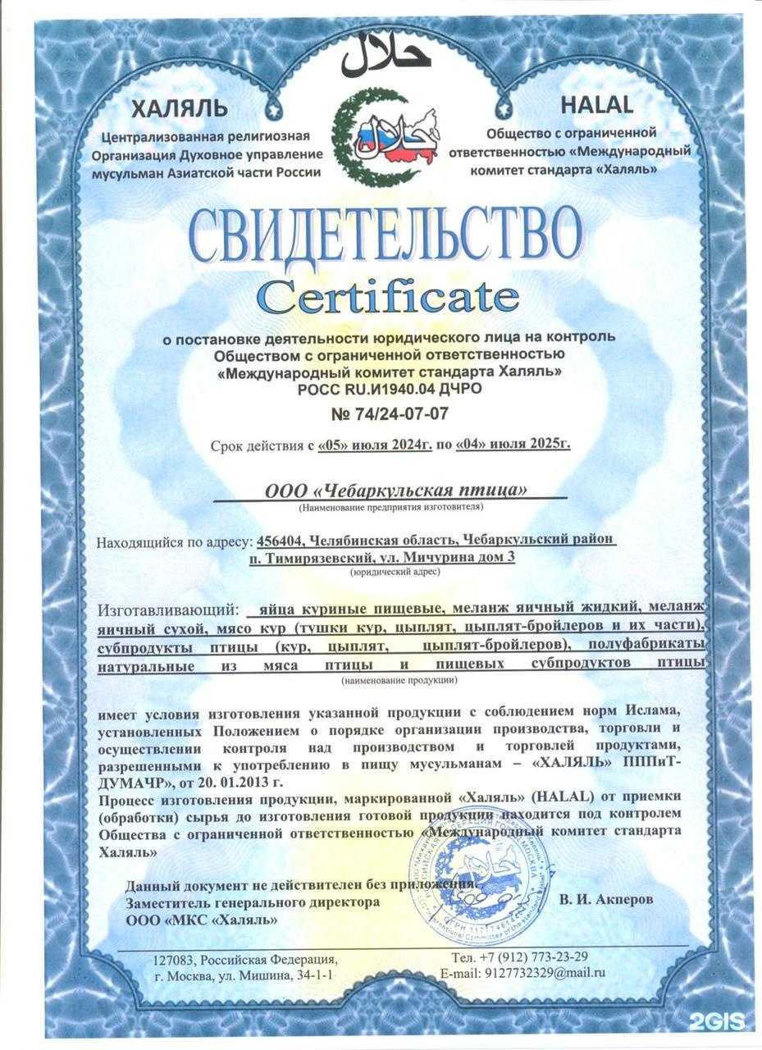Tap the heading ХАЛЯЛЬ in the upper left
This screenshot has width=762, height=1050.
tap(178, 108)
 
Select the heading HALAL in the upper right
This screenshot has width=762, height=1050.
tap(596, 105)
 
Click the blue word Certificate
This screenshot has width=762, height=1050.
tap(388, 296)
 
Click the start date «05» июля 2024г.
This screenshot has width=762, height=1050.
tap(372, 445)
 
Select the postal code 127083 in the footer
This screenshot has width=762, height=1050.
tap(177, 960)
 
